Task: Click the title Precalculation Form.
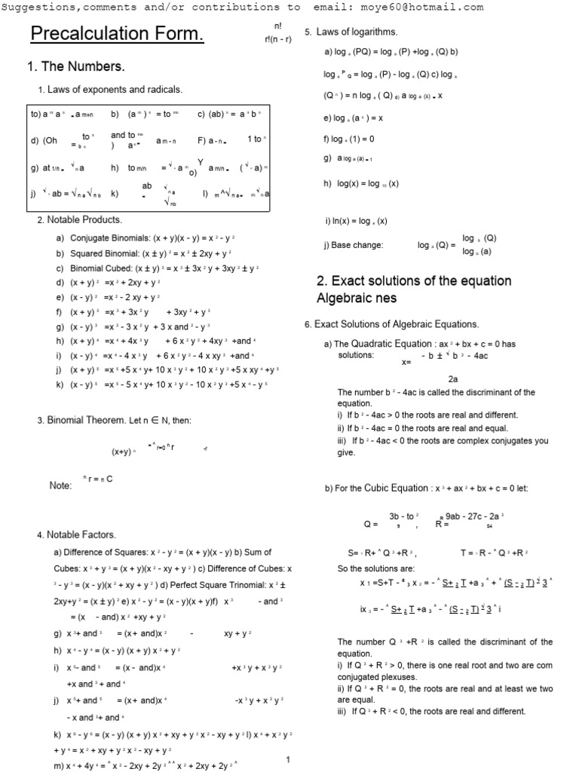(x=116, y=35)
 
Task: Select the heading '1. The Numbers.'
(x=75, y=67)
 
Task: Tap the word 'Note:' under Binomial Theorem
(x=60, y=486)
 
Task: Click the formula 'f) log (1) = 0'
(x=349, y=139)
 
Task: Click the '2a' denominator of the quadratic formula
(x=453, y=379)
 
